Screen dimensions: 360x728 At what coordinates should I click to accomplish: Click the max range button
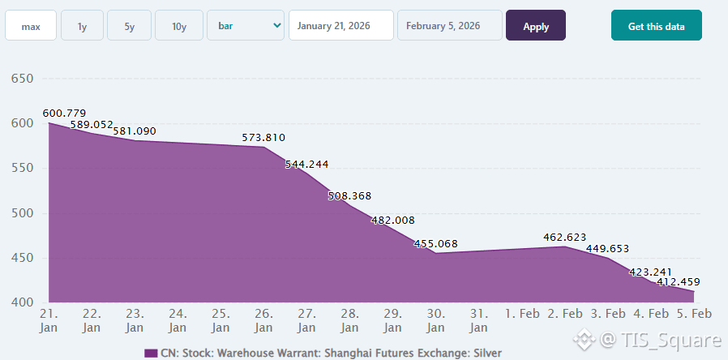(31, 26)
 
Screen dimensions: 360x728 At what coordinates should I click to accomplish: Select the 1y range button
(82, 26)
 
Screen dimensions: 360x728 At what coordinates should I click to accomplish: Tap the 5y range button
(129, 26)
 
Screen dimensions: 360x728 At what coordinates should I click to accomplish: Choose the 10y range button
(179, 26)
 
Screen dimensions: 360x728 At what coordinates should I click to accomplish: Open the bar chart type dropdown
(246, 26)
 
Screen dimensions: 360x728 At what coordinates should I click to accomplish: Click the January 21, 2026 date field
(341, 26)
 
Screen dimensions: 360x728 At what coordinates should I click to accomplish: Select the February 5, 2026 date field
(449, 26)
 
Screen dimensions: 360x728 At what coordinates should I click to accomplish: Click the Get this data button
(656, 26)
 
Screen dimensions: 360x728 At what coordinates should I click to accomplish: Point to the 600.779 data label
(64, 113)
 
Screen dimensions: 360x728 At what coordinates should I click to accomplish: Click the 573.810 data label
(263, 138)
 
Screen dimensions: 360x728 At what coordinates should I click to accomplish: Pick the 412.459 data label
(679, 282)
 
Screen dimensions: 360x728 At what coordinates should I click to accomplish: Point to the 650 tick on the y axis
(20, 79)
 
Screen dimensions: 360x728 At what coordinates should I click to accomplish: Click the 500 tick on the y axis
(20, 213)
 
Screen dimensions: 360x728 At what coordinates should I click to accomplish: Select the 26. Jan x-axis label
(263, 320)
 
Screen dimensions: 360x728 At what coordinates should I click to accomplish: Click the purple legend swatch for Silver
(150, 353)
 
